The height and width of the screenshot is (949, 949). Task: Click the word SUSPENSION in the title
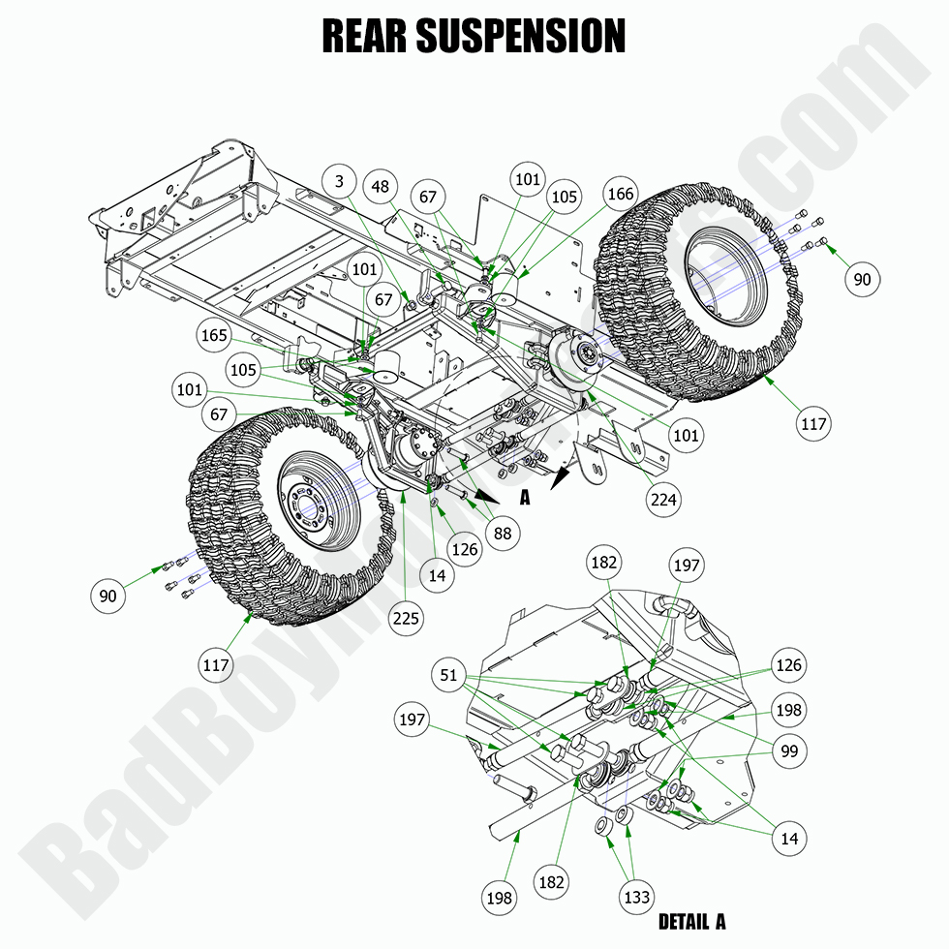coord(520,37)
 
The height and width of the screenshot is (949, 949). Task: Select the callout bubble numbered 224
coord(664,500)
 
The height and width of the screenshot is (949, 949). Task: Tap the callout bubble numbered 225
coord(407,617)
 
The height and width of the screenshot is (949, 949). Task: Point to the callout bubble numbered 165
coord(214,337)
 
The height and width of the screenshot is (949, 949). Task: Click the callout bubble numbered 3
coord(340,181)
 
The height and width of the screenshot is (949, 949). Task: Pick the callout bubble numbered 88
coord(504,532)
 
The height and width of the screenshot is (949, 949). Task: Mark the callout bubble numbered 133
coord(636,898)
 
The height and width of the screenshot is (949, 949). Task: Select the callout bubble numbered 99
coord(789,750)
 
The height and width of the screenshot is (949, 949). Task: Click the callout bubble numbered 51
coord(448,675)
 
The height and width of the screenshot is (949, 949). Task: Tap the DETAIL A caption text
coord(691,921)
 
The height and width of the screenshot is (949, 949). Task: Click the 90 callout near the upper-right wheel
coord(861,279)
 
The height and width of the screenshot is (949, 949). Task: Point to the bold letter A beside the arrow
coord(525,498)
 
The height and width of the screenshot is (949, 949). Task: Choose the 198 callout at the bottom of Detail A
coord(500,898)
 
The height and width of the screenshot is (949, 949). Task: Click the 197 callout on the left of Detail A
coord(413,719)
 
